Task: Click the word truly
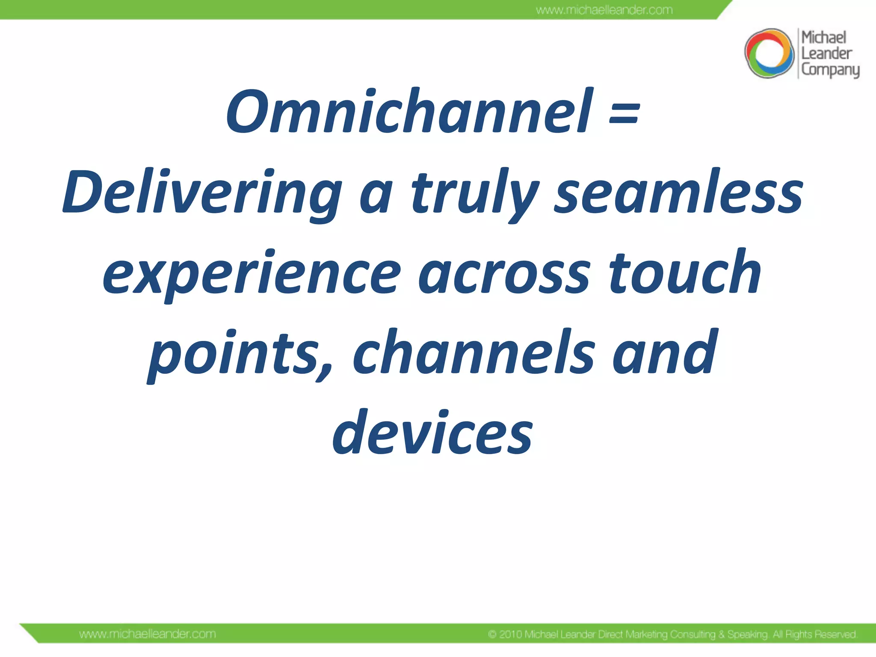tap(475, 192)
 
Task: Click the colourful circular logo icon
tap(769, 53)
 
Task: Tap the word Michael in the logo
tap(823, 38)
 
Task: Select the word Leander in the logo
tap(826, 54)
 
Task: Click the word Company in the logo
tap(830, 70)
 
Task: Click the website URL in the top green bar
tap(604, 10)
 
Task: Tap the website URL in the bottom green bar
tap(148, 634)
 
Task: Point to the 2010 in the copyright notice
tap(511, 634)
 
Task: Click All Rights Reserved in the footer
tap(814, 634)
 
